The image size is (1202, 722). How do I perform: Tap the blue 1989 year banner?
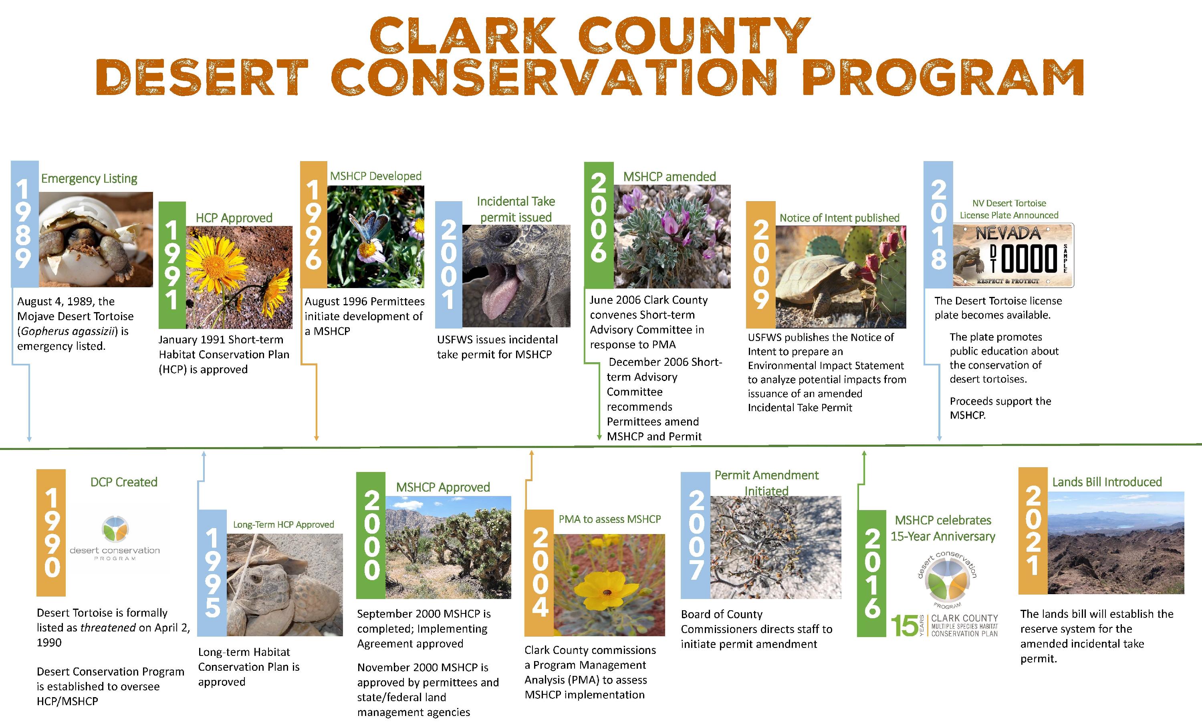coord(24,224)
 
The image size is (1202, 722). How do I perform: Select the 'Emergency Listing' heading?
coord(89,179)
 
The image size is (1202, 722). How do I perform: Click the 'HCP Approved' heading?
coord(234,218)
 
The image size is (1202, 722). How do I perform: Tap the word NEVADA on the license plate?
coord(1008,234)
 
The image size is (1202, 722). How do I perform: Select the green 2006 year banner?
coord(599,225)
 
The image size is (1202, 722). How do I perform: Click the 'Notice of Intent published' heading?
coord(840,218)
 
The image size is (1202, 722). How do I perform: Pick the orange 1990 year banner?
coord(51,533)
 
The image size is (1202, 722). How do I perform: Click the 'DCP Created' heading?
coord(124,482)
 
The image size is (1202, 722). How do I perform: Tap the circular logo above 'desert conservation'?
coord(116,529)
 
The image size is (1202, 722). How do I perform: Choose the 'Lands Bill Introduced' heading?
coord(1107,482)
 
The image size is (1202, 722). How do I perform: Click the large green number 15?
coord(904,626)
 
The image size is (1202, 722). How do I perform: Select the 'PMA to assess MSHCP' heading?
coord(609,519)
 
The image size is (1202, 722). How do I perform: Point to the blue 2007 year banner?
coord(696,535)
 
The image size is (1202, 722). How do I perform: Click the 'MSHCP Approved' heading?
coord(443,488)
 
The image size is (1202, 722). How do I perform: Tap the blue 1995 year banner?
coord(212,573)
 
